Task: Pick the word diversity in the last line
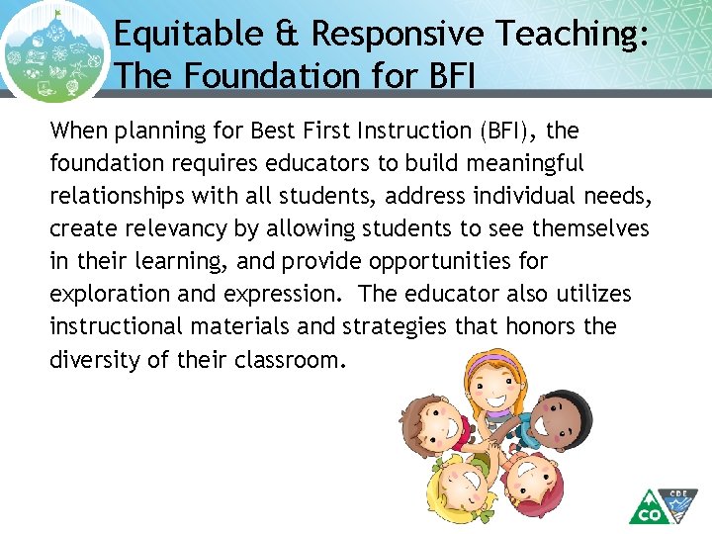pos(95,359)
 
